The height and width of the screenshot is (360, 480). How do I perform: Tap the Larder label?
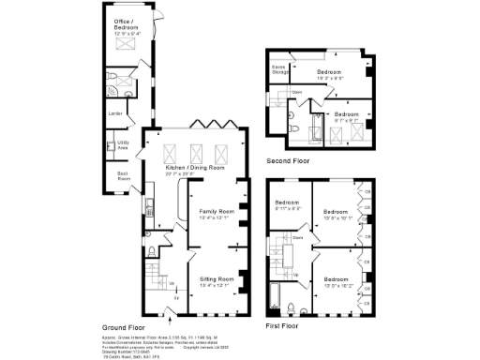click(x=116, y=114)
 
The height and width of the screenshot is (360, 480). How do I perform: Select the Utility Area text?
click(x=123, y=143)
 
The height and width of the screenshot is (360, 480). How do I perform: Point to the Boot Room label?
click(x=123, y=174)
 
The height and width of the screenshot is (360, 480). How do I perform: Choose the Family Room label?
click(x=217, y=213)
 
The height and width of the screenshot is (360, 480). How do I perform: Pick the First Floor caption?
click(x=282, y=326)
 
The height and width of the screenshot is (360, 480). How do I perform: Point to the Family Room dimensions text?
click(x=217, y=218)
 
